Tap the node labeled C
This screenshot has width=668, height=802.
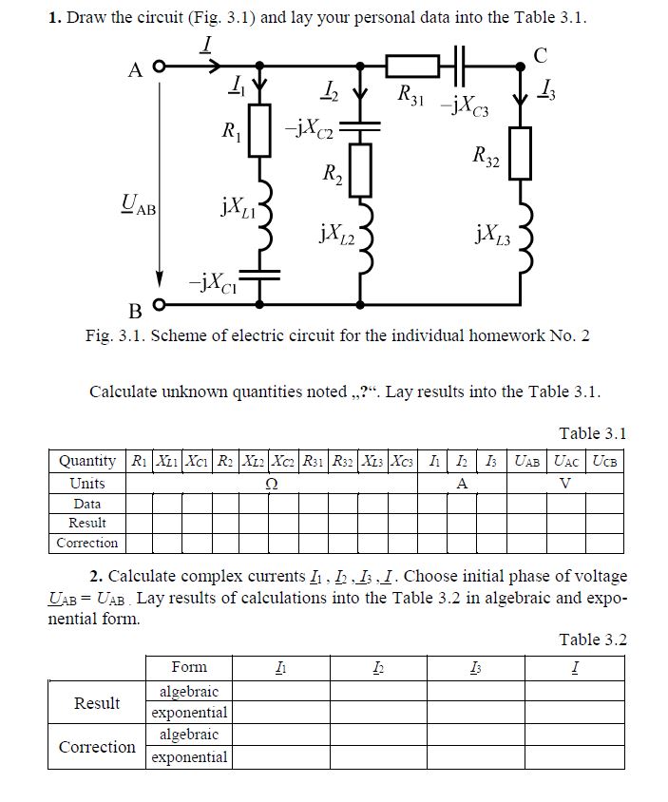(x=521, y=67)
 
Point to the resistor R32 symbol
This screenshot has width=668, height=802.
(x=521, y=157)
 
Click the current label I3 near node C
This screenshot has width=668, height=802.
(x=549, y=91)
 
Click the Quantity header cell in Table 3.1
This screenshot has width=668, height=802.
(x=87, y=462)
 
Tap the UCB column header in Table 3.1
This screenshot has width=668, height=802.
(x=604, y=462)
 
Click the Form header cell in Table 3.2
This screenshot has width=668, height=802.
(x=189, y=667)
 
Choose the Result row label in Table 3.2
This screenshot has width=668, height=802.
(x=97, y=702)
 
